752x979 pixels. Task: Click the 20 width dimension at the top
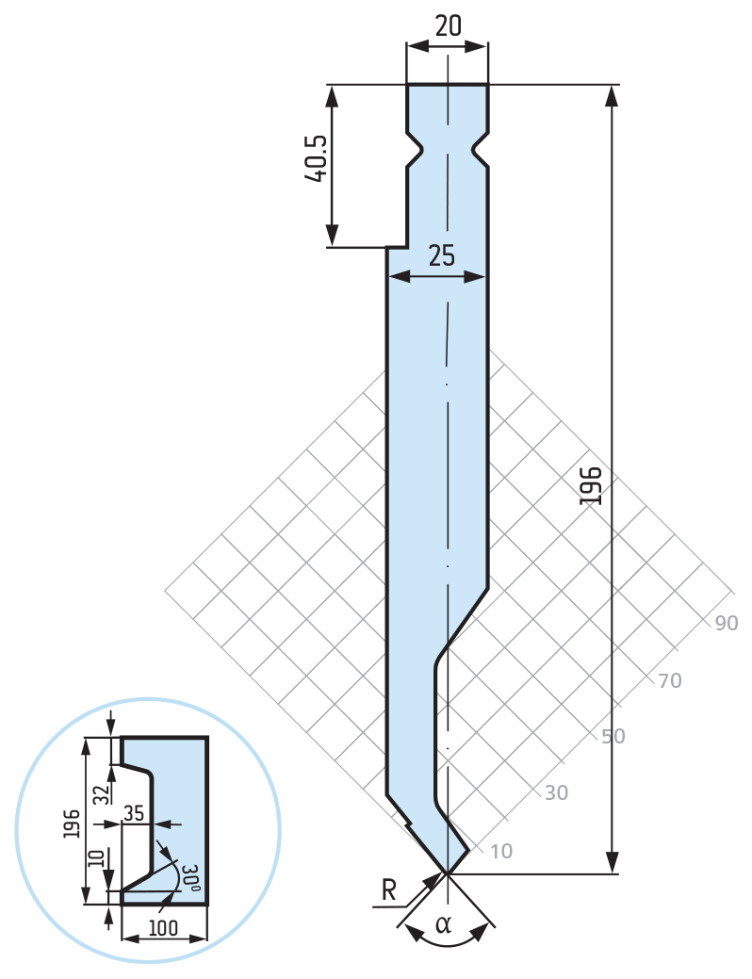[448, 25]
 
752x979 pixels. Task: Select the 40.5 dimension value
[316, 158]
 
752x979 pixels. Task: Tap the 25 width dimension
[442, 256]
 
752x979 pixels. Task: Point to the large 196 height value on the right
[590, 485]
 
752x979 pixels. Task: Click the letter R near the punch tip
[388, 890]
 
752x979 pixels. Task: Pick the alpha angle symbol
[443, 923]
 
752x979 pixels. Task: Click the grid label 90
[726, 623]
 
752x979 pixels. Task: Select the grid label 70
[670, 680]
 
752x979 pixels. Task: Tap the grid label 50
[613, 737]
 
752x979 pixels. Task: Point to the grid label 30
[556, 793]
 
